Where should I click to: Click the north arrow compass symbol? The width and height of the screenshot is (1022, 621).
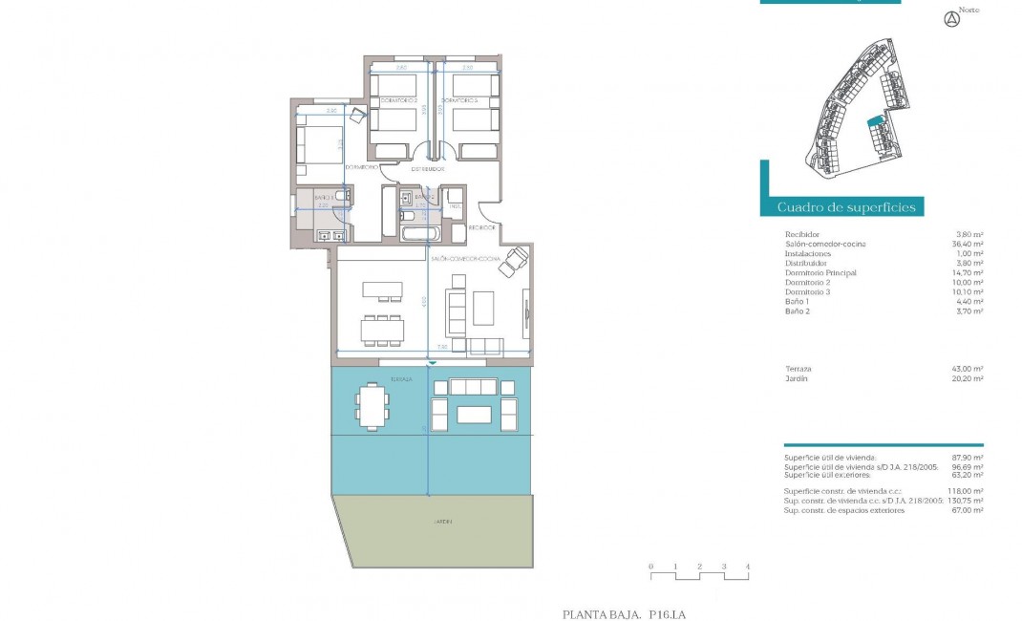tap(950, 18)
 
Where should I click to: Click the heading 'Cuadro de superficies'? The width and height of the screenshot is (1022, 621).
tap(846, 207)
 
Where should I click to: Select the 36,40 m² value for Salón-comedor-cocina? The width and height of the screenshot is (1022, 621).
tap(968, 245)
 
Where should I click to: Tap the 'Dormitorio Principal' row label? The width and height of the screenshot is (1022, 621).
tap(820, 273)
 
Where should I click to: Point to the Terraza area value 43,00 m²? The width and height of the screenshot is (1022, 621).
tap(968, 369)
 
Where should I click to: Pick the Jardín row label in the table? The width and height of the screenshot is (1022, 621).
tap(797, 378)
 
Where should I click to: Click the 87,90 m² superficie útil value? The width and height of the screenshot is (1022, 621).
tap(968, 459)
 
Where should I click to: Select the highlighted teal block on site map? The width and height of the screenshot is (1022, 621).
tap(873, 122)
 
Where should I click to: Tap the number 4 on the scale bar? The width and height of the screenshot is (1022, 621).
tap(748, 567)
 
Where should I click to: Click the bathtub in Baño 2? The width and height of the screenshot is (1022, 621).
tap(420, 233)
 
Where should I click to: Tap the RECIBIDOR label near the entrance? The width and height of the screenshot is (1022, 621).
tap(481, 227)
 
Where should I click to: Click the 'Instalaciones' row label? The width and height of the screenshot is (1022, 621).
tap(807, 254)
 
